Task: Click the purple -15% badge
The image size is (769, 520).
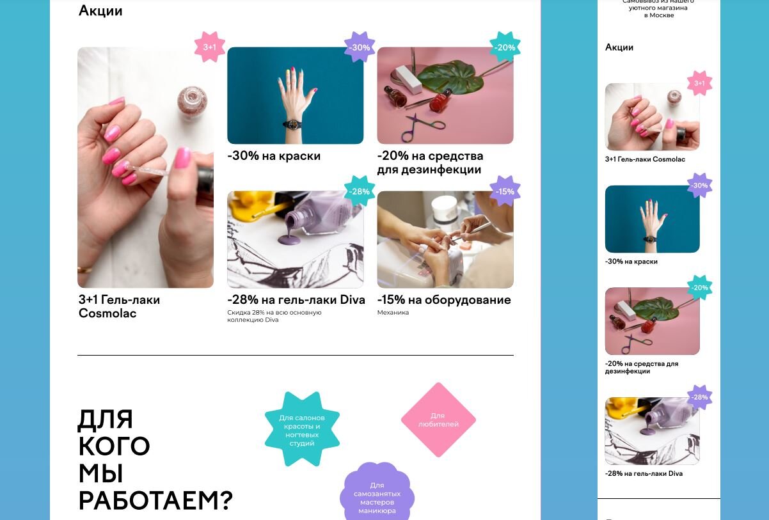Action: click(x=505, y=191)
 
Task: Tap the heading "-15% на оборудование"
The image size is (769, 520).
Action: click(x=444, y=299)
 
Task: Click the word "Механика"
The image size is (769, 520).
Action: click(x=393, y=312)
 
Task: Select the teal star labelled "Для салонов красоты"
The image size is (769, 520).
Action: click(x=302, y=429)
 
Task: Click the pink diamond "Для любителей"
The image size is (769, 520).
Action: click(x=438, y=420)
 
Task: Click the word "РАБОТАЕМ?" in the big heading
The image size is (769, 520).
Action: click(x=155, y=501)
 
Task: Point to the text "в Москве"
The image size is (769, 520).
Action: click(x=659, y=15)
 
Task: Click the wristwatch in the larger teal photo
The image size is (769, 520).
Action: click(x=292, y=124)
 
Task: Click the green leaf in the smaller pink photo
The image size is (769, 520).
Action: click(x=655, y=308)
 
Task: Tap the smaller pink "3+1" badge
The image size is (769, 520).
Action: click(x=699, y=83)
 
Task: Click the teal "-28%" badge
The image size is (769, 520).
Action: click(x=360, y=191)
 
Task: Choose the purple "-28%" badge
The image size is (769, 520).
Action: click(x=699, y=397)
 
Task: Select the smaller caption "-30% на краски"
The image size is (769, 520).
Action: click(x=631, y=262)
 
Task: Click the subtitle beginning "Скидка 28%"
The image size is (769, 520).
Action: click(x=274, y=316)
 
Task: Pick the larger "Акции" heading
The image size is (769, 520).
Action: click(x=100, y=11)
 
